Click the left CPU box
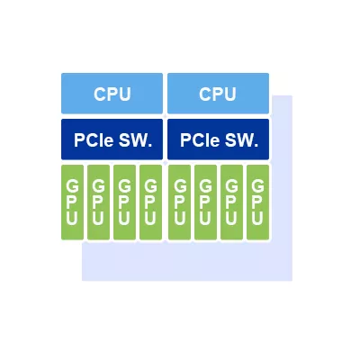(x=112, y=94)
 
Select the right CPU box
(x=218, y=94)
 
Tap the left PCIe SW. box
(x=112, y=139)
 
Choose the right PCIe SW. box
(x=218, y=139)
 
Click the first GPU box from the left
(x=72, y=202)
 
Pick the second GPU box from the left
(x=98, y=202)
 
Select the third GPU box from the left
(x=124, y=202)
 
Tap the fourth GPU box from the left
(x=151, y=202)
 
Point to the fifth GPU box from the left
(x=179, y=202)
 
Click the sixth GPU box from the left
(x=205, y=202)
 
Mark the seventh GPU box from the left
(x=231, y=202)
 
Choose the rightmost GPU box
(x=257, y=202)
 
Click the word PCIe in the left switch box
(x=94, y=139)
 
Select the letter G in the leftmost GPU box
(x=72, y=186)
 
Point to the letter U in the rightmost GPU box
(x=257, y=218)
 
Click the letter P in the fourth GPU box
(x=150, y=202)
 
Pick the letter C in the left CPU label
(x=100, y=94)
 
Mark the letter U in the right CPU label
(x=229, y=94)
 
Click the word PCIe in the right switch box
(x=200, y=139)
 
